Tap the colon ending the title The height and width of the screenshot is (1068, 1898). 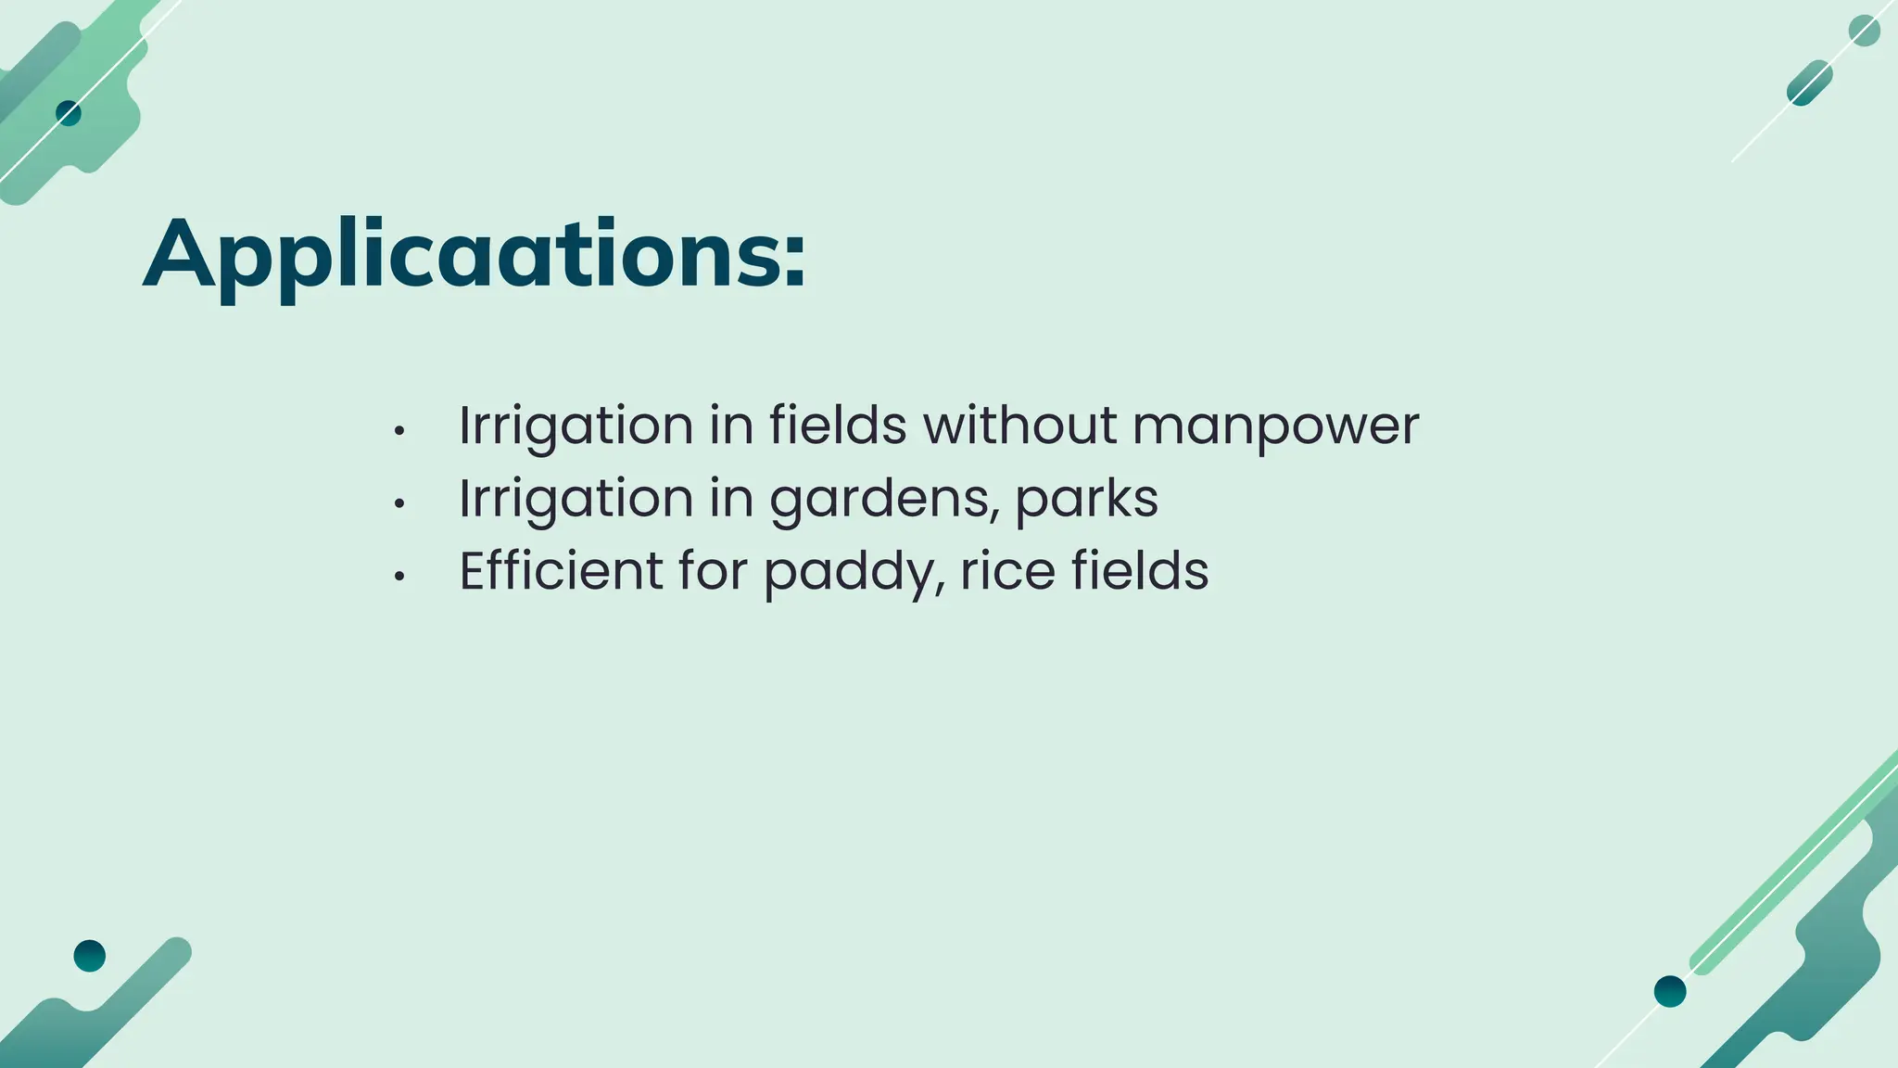(794, 261)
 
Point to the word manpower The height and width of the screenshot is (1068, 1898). (1275, 427)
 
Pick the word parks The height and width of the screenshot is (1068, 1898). (1086, 500)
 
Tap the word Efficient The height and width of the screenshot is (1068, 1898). (561, 570)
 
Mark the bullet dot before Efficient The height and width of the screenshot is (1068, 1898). (399, 577)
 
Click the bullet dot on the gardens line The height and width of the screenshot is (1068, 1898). (399, 504)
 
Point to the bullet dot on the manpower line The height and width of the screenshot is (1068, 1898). (399, 432)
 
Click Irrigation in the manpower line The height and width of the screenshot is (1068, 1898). (576, 427)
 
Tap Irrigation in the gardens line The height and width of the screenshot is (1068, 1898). (576, 500)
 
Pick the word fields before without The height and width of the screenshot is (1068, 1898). (838, 426)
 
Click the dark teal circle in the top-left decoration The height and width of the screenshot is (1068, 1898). (69, 113)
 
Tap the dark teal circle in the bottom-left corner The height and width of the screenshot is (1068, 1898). (90, 955)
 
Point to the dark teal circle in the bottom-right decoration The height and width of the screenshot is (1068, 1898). (1670, 991)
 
